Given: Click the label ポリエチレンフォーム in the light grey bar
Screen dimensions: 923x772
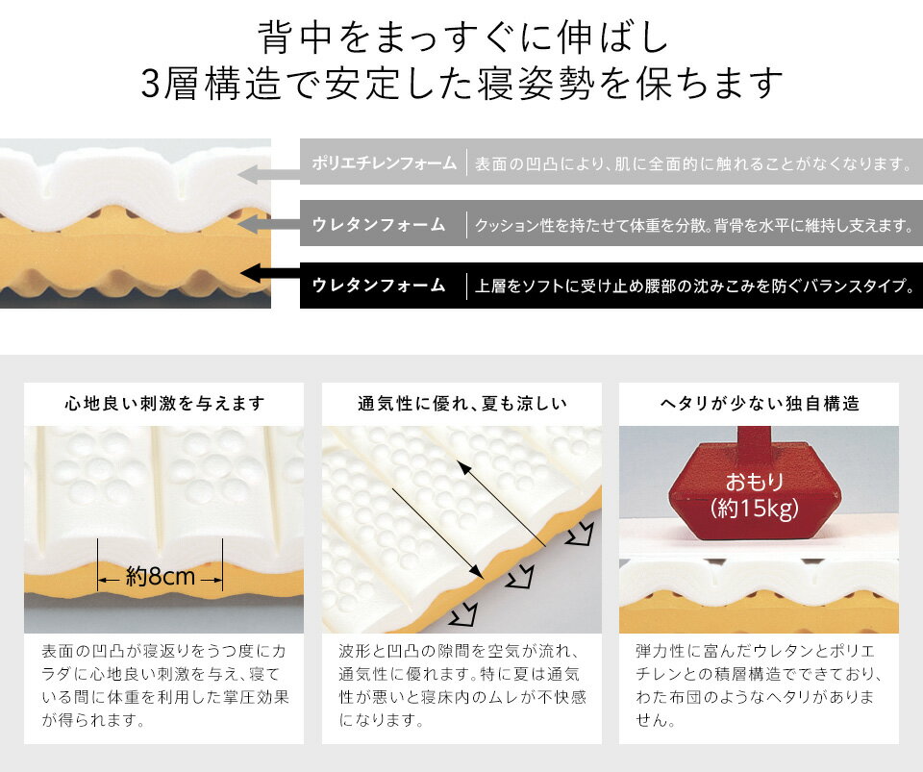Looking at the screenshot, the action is (384, 163).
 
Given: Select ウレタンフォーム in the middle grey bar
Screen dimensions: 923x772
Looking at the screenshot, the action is (379, 224).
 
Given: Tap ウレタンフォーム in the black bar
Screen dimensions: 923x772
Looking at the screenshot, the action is (379, 286).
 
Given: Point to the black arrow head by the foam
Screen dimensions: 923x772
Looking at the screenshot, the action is (251, 273).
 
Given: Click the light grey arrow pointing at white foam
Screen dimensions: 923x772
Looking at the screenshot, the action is (268, 175).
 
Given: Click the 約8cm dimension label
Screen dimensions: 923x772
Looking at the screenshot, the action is (161, 577).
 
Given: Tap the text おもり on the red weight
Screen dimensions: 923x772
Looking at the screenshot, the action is (754, 482).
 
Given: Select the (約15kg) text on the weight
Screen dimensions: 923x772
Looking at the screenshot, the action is (754, 508).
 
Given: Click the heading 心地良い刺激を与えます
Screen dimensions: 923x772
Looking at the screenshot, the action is (164, 404).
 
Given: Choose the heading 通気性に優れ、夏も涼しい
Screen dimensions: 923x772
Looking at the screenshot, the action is (462, 404).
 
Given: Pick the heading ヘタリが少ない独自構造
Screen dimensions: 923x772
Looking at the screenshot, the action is (760, 404).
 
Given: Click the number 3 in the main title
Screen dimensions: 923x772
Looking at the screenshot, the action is (151, 84).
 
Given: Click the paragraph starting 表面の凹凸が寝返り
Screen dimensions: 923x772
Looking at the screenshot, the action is (164, 685).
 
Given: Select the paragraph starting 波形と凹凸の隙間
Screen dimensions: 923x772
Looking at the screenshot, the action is (462, 685).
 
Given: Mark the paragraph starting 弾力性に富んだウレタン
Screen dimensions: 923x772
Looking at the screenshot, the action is (759, 685).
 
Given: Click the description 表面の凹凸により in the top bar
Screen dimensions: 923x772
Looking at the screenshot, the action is (693, 163).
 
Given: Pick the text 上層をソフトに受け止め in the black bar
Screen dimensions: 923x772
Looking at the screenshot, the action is (694, 286).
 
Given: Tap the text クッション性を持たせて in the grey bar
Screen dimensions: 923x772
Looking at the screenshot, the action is (694, 225).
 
